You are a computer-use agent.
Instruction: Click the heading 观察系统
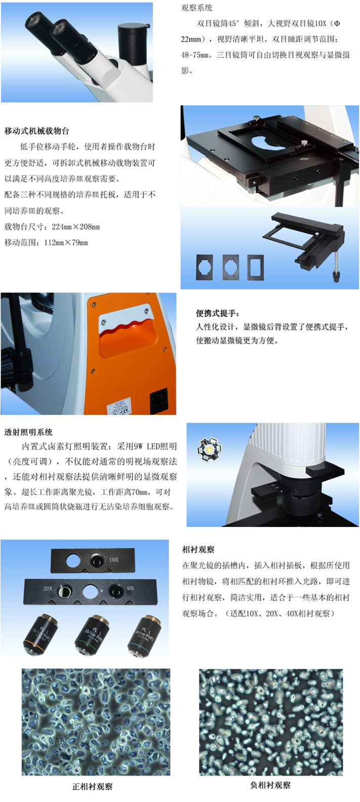point(197,8)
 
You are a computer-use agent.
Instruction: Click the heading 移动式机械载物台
point(36,131)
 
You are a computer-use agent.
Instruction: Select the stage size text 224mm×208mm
point(76,226)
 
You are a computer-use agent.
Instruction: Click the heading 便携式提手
point(218,313)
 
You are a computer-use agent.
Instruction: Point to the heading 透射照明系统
point(28,432)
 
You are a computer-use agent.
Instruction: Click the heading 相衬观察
point(198,550)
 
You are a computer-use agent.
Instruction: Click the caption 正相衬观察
point(92,787)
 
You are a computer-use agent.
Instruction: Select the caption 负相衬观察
point(270,785)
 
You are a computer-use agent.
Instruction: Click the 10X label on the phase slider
point(114,560)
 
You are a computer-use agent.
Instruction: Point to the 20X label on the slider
point(48,588)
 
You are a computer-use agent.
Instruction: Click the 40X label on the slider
point(130,588)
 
